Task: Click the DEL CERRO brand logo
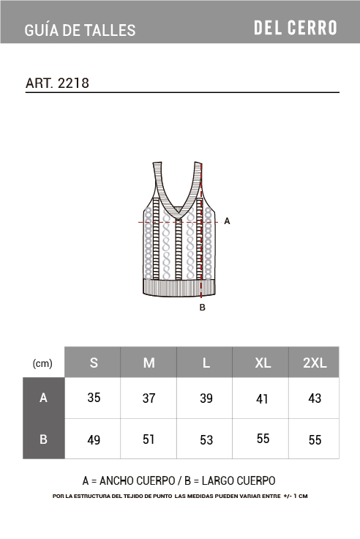(296, 28)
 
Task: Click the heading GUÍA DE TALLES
(80, 30)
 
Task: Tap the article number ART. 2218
(57, 83)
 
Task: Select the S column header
(94, 363)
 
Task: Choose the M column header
(149, 363)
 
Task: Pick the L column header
(206, 363)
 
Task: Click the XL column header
(263, 363)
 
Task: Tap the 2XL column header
(315, 363)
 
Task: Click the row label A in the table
(43, 398)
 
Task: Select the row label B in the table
(43, 439)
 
